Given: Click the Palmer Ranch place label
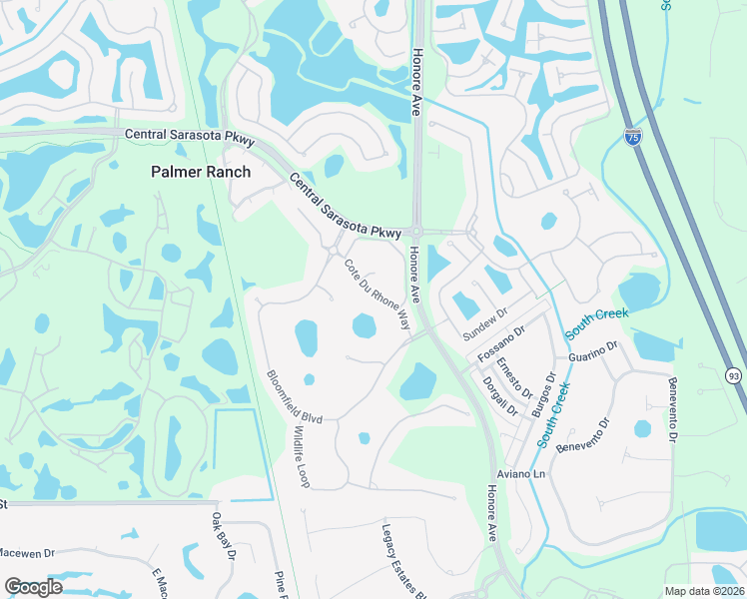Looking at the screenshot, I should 200,172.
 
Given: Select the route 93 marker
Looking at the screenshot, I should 733,374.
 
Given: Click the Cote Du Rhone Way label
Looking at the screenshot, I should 377,295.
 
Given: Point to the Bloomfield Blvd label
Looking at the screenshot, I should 294,397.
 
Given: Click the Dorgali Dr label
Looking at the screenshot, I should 500,395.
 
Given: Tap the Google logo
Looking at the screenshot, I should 34,586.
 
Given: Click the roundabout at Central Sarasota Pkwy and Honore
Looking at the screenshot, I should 416,232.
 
